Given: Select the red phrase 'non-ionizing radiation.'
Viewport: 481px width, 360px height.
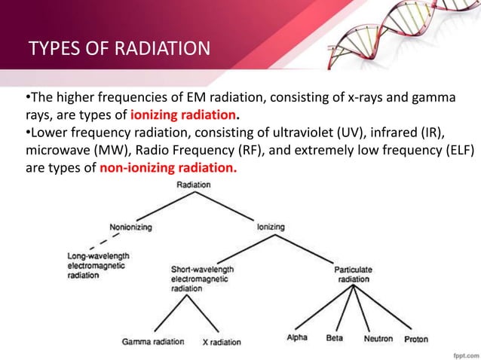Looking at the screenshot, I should point(168,167).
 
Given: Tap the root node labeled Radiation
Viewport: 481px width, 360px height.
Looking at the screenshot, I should point(194,184).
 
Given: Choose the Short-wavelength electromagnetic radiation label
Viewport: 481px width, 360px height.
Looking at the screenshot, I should point(203,278).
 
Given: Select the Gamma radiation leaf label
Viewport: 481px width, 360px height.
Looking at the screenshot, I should point(153,341).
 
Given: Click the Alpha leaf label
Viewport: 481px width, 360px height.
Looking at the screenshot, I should point(297,338).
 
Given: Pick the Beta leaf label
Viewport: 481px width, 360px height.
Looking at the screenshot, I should point(334,338).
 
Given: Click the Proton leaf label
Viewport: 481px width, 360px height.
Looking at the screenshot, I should point(415,339).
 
